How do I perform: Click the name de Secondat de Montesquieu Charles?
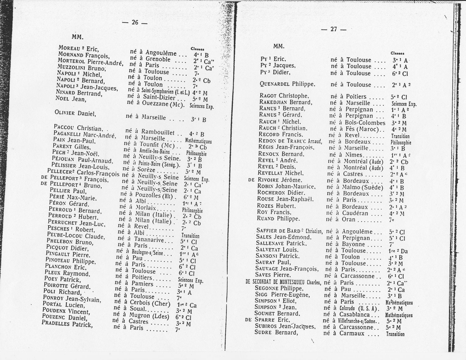[283, 282]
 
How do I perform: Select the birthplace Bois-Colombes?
[365, 123]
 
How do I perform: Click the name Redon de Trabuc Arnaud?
[290, 141]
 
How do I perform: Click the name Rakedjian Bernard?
[286, 102]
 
